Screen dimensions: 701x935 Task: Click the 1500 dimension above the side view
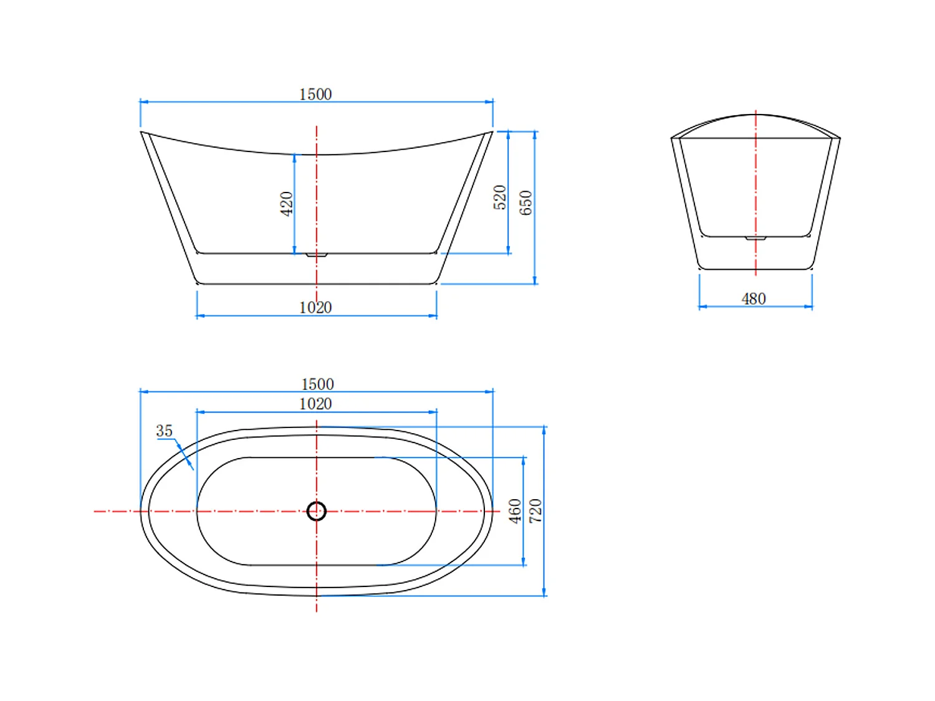click(x=315, y=94)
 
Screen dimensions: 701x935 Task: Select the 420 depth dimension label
click(x=286, y=204)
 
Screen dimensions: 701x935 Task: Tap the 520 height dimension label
click(x=499, y=198)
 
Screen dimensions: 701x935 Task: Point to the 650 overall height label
click(x=525, y=203)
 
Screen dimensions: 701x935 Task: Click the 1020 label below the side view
click(x=315, y=307)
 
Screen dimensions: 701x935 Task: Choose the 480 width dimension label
click(x=754, y=299)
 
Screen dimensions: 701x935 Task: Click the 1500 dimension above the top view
click(x=317, y=384)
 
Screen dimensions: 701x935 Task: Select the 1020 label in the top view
click(x=315, y=404)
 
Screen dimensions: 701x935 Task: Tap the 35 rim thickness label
click(x=164, y=431)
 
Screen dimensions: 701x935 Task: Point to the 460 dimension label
click(x=515, y=511)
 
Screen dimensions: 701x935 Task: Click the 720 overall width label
click(x=535, y=511)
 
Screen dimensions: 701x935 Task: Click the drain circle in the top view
click(x=317, y=511)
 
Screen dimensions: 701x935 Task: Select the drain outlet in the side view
click(x=317, y=255)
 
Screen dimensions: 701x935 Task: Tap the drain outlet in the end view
click(x=755, y=238)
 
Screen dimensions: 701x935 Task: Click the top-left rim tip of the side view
click(x=142, y=132)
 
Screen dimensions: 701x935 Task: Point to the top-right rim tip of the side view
click(x=491, y=132)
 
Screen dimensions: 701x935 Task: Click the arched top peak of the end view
click(x=755, y=115)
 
